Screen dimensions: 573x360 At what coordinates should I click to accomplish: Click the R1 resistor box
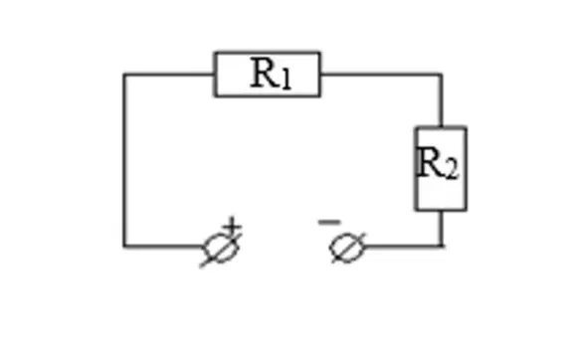click(x=268, y=53)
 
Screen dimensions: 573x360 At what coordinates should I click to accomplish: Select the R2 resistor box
click(x=416, y=169)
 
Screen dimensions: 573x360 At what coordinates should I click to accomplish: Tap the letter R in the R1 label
click(x=263, y=73)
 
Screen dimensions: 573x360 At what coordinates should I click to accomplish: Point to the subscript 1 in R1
click(x=286, y=80)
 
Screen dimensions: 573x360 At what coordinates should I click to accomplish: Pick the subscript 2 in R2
click(x=452, y=170)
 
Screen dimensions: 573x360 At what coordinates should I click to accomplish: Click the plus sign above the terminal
click(x=233, y=226)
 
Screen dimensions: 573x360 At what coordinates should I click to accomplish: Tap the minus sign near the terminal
click(x=329, y=222)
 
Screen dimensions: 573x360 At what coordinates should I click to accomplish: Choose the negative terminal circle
click(x=330, y=249)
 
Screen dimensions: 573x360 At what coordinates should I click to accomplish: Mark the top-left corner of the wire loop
click(x=124, y=75)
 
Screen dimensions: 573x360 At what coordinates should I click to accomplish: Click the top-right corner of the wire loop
click(x=441, y=75)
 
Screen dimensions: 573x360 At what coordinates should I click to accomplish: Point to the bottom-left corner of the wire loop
click(x=124, y=246)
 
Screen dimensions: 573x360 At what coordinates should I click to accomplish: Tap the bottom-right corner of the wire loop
click(x=442, y=246)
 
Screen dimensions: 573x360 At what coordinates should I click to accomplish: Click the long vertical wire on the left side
click(x=124, y=160)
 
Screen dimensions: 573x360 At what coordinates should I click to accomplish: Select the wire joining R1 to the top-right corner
click(x=381, y=75)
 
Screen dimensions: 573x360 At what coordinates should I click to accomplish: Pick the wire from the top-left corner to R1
click(x=169, y=75)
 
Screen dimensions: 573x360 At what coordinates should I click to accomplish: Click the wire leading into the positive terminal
click(x=164, y=246)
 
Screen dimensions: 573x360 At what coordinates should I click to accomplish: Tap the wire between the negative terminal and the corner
click(x=404, y=246)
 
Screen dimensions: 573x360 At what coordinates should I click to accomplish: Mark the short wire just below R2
click(x=442, y=229)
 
